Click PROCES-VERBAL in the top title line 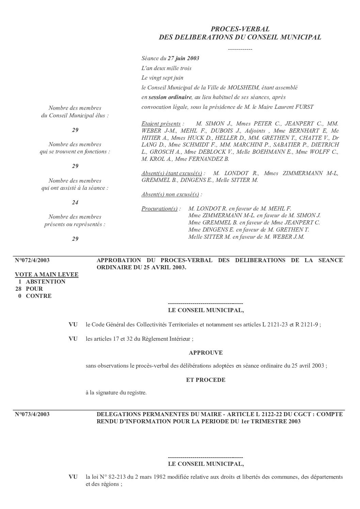240,29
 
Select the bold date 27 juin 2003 183,58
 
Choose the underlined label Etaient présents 161,123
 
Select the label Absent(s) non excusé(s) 170,194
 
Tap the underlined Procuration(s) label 160,208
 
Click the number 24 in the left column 75,202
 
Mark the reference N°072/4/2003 32,260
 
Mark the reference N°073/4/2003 32,414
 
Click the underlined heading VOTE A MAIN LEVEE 47,274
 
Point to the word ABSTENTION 46,282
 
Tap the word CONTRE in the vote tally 39,296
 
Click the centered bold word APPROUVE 206,353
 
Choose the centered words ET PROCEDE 206,380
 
